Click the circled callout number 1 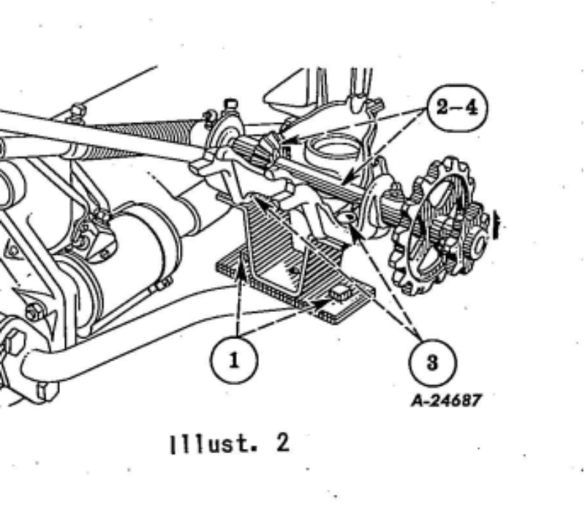(234, 360)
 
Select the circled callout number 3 (432, 362)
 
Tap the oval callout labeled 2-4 (457, 108)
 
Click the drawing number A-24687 (446, 401)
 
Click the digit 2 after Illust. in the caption (283, 444)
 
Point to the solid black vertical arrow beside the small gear (497, 224)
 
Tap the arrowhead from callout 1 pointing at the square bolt (322, 304)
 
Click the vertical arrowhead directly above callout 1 (241, 271)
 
